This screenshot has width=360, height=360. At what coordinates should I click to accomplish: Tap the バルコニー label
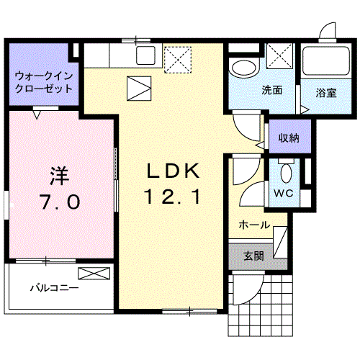click(x=54, y=287)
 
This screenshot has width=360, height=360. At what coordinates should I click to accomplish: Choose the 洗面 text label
click(x=271, y=91)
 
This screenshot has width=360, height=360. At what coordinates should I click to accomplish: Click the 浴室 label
click(x=326, y=92)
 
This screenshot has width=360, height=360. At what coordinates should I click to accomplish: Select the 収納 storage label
click(x=290, y=138)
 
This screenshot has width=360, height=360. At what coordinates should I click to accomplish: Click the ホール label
click(x=254, y=225)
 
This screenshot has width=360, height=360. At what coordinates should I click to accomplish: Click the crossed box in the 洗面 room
click(x=278, y=55)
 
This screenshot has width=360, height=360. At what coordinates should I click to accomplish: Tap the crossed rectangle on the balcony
click(x=94, y=273)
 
